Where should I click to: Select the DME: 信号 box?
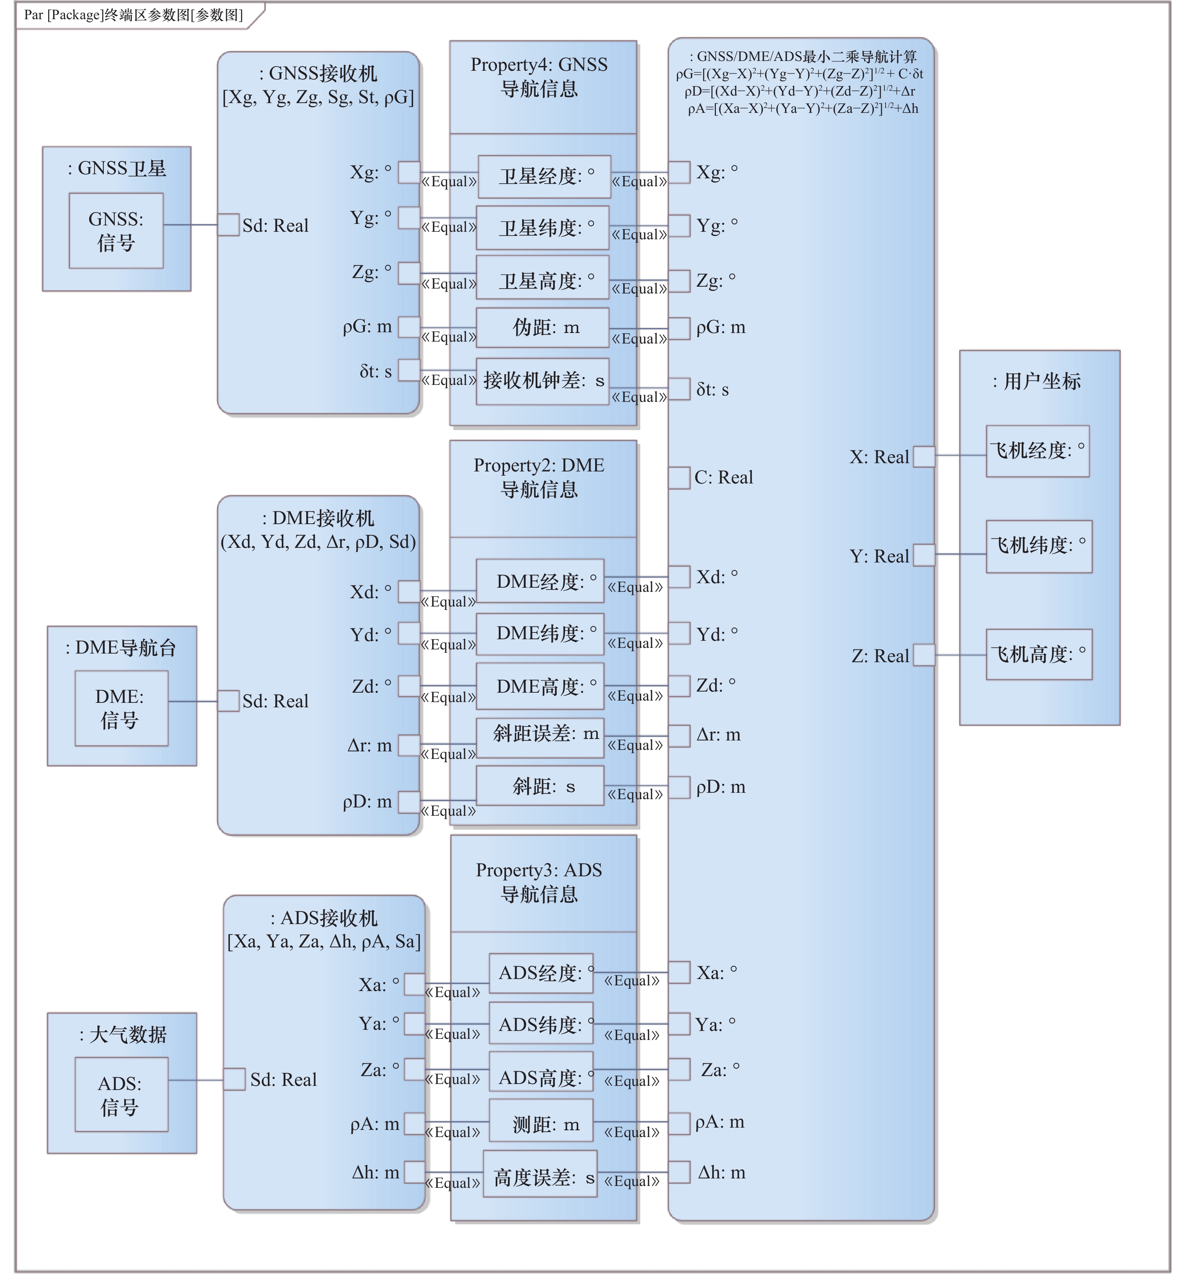121,708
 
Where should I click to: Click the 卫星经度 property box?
544,176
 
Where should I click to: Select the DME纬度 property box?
540,634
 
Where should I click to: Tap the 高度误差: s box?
540,1178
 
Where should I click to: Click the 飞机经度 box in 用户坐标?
1038,451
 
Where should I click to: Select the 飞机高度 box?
1039,654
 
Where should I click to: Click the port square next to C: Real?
679,478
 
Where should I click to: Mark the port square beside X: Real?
924,457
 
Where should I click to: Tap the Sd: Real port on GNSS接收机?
228,225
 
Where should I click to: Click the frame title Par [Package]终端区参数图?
134,15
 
